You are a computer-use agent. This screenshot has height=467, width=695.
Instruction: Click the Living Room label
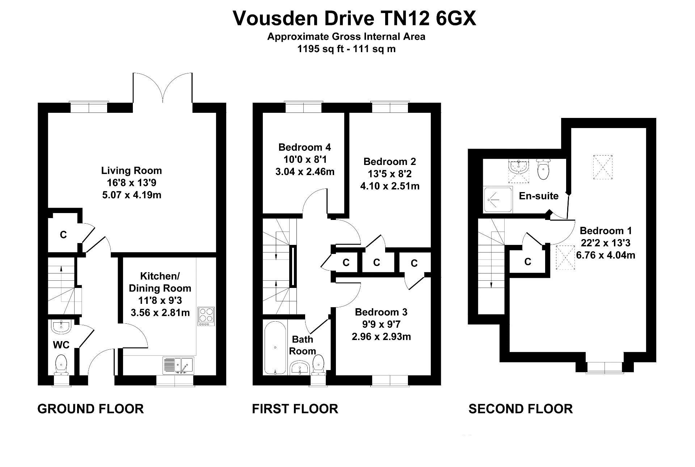coord(131,170)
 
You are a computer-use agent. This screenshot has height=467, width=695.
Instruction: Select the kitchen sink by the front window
coord(178,365)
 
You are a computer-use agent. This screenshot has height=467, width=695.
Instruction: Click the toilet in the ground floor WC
coord(61,363)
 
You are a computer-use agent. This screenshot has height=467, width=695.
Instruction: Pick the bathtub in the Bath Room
coord(275,347)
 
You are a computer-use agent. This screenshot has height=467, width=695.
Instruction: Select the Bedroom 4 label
coord(304,147)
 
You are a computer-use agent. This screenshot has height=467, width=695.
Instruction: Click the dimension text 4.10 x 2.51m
coord(390,186)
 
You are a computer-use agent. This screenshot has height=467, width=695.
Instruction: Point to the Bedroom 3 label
coord(381,312)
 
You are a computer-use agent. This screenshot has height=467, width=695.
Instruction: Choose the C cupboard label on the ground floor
coord(63,235)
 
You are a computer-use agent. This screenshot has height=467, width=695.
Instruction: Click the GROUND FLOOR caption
coord(90,409)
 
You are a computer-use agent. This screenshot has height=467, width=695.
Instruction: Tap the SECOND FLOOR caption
coord(521,409)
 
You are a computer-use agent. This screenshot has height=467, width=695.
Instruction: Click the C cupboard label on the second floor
coord(527,262)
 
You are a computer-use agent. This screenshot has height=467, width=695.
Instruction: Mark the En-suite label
coord(539,196)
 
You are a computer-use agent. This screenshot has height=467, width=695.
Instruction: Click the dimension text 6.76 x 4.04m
coord(606,255)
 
